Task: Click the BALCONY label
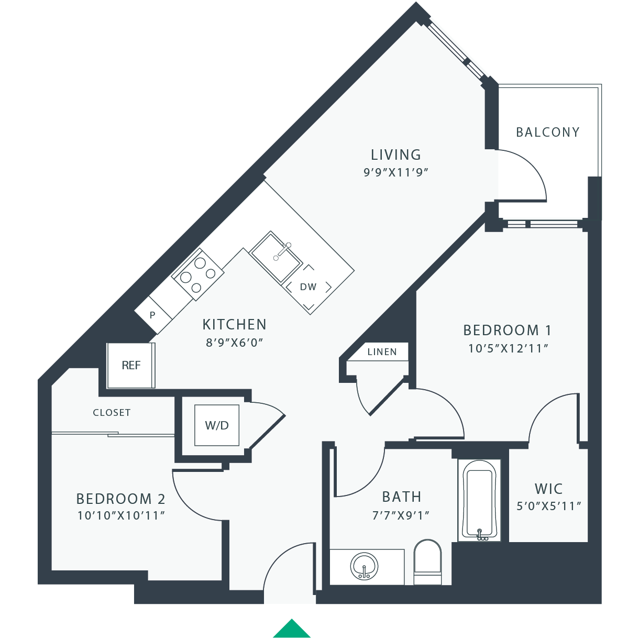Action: (x=548, y=132)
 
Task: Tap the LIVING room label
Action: (x=396, y=155)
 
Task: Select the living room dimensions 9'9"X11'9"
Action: (x=396, y=172)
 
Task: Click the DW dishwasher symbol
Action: (x=309, y=287)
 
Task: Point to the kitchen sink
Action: (x=276, y=257)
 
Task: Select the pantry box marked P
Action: (x=153, y=315)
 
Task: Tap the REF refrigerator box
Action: (x=131, y=365)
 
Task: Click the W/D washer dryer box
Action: (x=217, y=425)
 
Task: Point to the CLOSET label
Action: (x=112, y=413)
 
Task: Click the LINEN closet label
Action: (x=382, y=352)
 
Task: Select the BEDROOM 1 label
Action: (x=507, y=330)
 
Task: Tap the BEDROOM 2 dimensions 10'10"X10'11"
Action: (x=121, y=515)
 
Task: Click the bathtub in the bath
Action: (x=479, y=500)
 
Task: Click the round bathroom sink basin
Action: (x=364, y=566)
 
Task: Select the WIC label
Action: (x=548, y=489)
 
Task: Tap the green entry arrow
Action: (x=292, y=629)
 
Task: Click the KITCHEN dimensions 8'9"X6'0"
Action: (x=234, y=343)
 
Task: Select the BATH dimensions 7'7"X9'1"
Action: (x=401, y=515)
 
